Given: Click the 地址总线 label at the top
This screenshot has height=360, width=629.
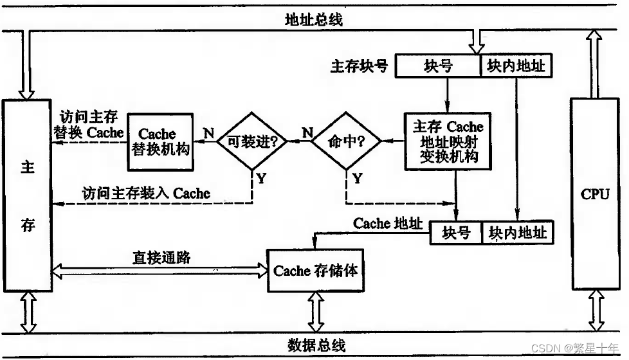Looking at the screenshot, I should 314,19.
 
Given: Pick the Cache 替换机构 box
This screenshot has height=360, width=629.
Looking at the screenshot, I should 160,142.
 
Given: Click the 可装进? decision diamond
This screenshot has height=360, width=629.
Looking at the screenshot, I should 251,141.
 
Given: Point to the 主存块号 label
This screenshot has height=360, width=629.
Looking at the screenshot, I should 359,66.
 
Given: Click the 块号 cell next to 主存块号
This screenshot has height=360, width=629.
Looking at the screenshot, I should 438,66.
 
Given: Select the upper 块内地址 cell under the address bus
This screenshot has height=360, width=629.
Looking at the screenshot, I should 516,66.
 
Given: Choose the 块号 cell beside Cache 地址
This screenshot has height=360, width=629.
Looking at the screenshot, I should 456,232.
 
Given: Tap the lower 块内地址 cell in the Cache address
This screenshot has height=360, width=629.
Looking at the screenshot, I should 517,232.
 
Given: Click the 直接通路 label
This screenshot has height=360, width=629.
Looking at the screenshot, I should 161,257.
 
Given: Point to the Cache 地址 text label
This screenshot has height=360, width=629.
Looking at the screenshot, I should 388,223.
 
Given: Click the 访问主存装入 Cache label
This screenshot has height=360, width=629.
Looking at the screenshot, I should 146,192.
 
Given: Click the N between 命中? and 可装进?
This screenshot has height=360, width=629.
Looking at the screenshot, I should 307,132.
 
